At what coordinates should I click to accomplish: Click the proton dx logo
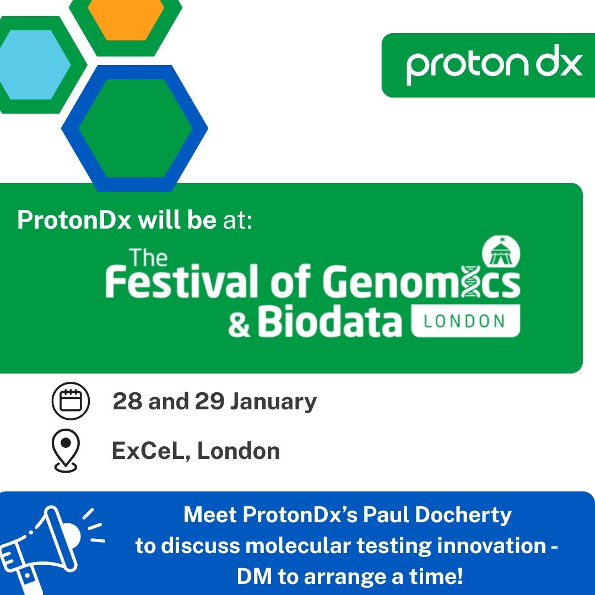(494, 65)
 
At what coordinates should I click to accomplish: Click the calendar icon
(70, 401)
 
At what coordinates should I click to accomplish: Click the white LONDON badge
(465, 321)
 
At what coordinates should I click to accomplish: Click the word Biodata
(329, 323)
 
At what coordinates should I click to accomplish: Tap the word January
(273, 401)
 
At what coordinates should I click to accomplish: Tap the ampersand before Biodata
(239, 324)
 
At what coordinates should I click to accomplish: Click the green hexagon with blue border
(134, 128)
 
